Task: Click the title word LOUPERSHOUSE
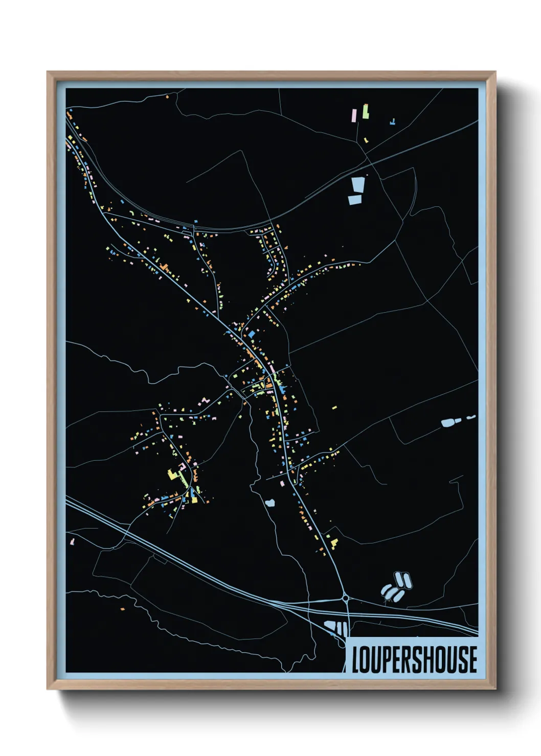[x=414, y=659]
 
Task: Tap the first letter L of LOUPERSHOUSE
[x=355, y=659]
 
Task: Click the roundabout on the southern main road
[x=346, y=598]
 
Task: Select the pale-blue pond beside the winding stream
[x=270, y=503]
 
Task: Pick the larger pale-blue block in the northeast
[x=358, y=184]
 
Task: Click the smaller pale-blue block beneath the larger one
[x=355, y=200]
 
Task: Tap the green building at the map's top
[x=366, y=111]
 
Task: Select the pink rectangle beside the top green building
[x=353, y=115]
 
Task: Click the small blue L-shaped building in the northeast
[x=392, y=122]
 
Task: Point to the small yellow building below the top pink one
[x=366, y=139]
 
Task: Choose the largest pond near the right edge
[x=448, y=423]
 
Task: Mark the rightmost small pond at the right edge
[x=471, y=417]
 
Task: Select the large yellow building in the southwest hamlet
[x=172, y=475]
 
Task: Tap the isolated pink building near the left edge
[x=72, y=541]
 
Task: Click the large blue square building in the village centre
[x=252, y=334]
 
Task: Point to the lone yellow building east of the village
[x=334, y=408]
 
